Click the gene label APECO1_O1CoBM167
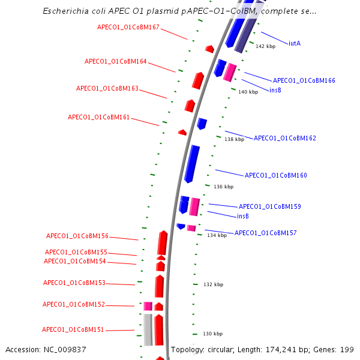point(128,27)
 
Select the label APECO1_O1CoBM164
point(115,61)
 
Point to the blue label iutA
point(294,43)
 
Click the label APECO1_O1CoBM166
point(304,80)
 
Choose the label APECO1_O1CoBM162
point(284,138)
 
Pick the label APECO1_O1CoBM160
point(275,175)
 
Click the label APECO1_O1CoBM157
point(265,233)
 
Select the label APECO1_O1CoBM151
point(73,329)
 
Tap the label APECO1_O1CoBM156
point(77,236)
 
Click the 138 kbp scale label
point(234,139)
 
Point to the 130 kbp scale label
point(212,334)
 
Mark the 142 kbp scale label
point(265,46)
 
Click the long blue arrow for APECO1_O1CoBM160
point(192,163)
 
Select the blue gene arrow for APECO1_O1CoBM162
point(202,124)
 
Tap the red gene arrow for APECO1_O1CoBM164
point(198,80)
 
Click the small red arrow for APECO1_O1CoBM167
point(209,49)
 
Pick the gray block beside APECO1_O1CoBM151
point(148,329)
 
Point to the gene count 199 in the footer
point(347,349)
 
